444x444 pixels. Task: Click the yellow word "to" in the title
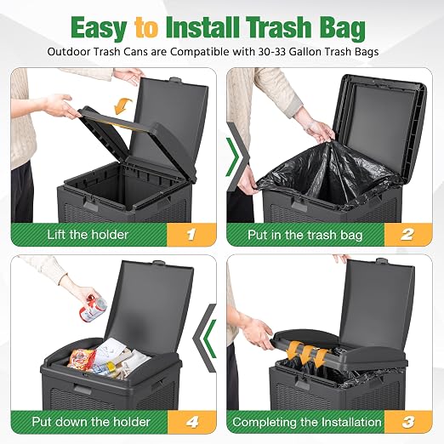146,28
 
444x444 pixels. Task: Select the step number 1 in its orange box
191,235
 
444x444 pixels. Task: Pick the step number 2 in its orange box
407,235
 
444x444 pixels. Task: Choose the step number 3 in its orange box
408,422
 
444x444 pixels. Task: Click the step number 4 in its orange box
192,422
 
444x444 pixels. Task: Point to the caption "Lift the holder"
88,235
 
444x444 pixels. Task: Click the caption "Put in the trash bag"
305,235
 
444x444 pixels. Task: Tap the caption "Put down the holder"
91,422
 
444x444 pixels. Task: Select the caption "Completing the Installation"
307,422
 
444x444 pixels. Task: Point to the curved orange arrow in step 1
122,105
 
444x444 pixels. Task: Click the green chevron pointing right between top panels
234,157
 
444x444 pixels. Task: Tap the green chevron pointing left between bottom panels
209,339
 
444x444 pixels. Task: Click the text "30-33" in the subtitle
272,52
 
